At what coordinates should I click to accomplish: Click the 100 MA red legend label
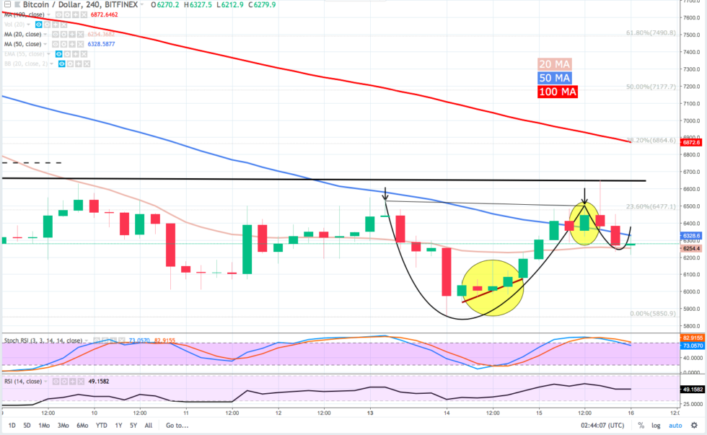coord(558,92)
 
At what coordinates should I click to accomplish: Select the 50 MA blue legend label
coord(556,77)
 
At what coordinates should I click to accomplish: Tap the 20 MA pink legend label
coord(556,63)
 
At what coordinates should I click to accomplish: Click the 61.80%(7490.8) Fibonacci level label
coord(651,33)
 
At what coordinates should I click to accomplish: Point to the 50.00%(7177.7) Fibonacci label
coord(651,87)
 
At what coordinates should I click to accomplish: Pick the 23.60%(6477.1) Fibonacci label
coord(651,206)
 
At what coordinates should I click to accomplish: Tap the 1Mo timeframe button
coord(45,426)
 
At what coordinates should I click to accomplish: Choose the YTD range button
coord(101,426)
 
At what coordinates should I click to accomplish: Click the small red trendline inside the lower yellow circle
coord(491,289)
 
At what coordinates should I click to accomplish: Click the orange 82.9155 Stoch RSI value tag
coord(692,337)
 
